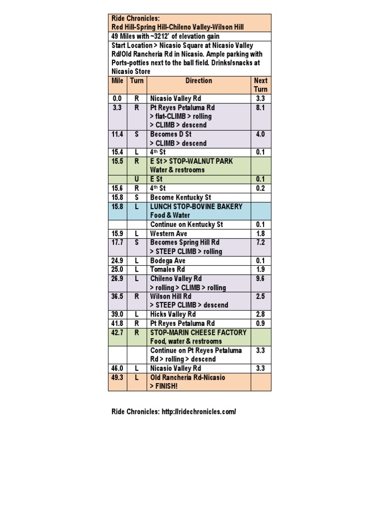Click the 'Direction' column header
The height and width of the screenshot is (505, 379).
pyautogui.click(x=198, y=80)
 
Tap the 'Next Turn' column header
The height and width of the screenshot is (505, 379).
pyautogui.click(x=261, y=85)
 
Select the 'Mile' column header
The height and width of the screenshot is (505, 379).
pyautogui.click(x=117, y=80)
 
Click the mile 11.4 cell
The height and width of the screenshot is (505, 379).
pyautogui.click(x=117, y=134)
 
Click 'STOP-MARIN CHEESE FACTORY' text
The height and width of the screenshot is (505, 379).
pyautogui.click(x=198, y=332)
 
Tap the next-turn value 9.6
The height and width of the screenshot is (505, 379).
pyautogui.click(x=261, y=278)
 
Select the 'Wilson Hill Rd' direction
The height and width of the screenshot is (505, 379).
pyautogui.click(x=171, y=296)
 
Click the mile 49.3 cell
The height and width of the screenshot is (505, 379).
pyautogui.click(x=117, y=377)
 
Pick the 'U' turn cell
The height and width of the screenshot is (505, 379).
pyautogui.click(x=137, y=179)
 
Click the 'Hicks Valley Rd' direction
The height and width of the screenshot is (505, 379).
pyautogui.click(x=173, y=314)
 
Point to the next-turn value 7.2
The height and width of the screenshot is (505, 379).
pyautogui.click(x=261, y=243)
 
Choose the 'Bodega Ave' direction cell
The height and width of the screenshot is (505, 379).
pyautogui.click(x=168, y=260)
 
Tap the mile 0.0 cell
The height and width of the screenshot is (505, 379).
pyautogui.click(x=117, y=99)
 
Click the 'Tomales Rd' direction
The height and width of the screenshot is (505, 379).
pyautogui.click(x=167, y=269)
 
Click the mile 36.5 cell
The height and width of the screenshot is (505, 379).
pyautogui.click(x=117, y=296)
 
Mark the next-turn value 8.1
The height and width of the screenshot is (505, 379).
pyautogui.click(x=261, y=108)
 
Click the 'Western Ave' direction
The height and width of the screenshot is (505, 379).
pyautogui.click(x=168, y=233)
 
